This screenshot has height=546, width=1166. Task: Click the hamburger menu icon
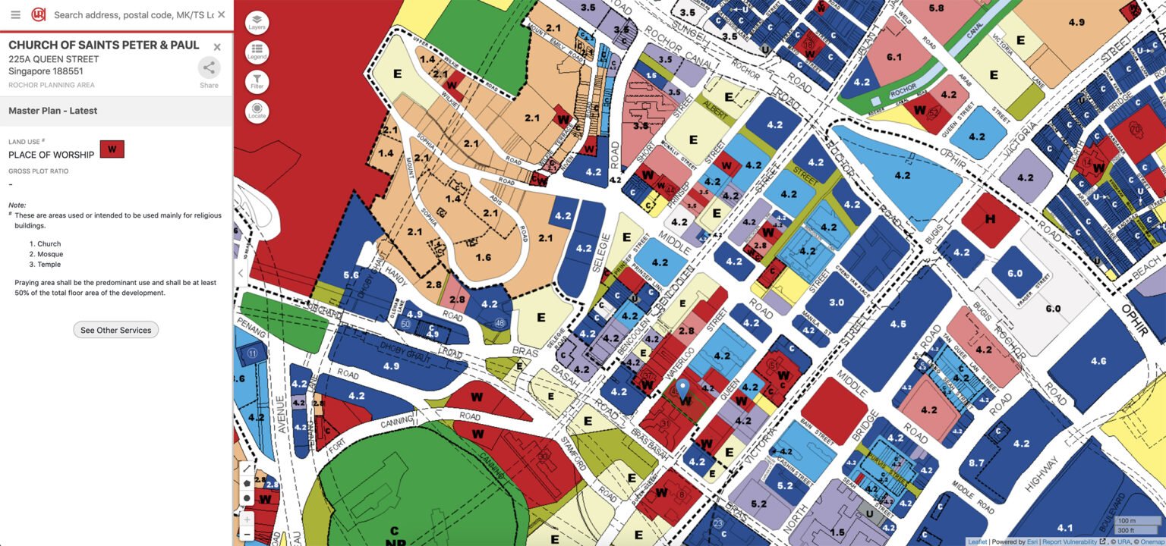point(15,14)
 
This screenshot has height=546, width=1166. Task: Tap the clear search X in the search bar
point(221,14)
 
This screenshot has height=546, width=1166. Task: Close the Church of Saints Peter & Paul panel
point(217,47)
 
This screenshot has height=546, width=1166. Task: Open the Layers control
point(257,23)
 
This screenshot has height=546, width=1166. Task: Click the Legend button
point(257,52)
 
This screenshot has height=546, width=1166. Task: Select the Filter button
point(257,82)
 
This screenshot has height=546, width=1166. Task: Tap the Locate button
point(257,111)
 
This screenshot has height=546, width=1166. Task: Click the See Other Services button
point(115,330)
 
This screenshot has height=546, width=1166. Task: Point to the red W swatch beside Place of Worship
point(112,149)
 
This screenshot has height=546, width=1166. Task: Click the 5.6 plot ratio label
point(351,275)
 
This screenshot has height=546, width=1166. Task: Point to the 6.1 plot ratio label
point(893,57)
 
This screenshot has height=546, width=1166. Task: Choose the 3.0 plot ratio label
point(836,302)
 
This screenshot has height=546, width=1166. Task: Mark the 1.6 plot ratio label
point(483,257)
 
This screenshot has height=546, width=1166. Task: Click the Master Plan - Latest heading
point(53,111)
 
